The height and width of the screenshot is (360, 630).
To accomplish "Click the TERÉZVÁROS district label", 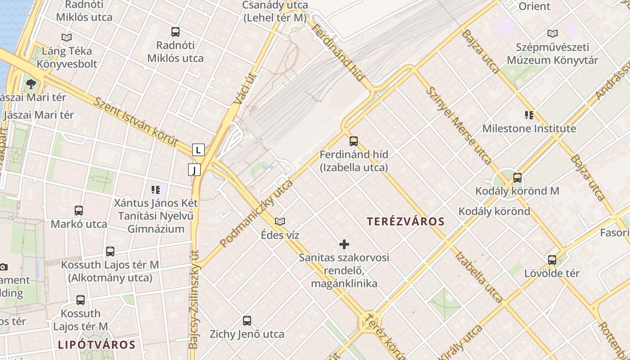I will [x=405, y=221].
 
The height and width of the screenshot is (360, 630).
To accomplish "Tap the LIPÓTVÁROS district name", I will [x=97, y=345].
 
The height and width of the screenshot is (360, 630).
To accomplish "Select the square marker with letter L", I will [x=198, y=150].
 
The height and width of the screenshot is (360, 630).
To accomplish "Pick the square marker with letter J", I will [x=194, y=170].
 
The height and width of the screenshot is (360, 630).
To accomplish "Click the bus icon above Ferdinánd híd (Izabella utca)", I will [x=354, y=141].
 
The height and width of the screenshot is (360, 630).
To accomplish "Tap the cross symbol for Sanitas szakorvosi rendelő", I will [x=344, y=244].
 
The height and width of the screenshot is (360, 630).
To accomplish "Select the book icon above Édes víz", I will [x=280, y=221].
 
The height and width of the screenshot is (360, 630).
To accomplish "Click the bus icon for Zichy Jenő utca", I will [x=247, y=321].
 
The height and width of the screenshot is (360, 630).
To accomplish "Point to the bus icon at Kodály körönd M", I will [x=517, y=178].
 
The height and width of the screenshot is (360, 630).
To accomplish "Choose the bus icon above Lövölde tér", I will [x=552, y=260].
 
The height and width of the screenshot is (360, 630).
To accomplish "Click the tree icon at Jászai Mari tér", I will [x=31, y=84].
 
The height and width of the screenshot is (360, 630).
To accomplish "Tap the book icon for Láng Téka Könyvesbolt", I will [x=67, y=38].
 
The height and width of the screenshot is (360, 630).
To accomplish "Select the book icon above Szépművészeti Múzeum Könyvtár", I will [x=553, y=33].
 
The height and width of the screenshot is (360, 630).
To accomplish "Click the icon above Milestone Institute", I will [x=529, y=115].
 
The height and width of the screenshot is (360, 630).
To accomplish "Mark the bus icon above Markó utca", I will [x=79, y=211].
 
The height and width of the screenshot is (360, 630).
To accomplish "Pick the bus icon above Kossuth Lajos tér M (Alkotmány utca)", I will [x=110, y=252].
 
